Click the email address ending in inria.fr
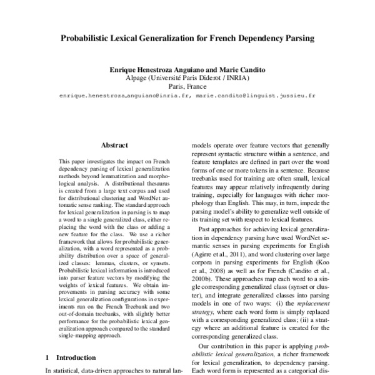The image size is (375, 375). [x=119, y=97]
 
